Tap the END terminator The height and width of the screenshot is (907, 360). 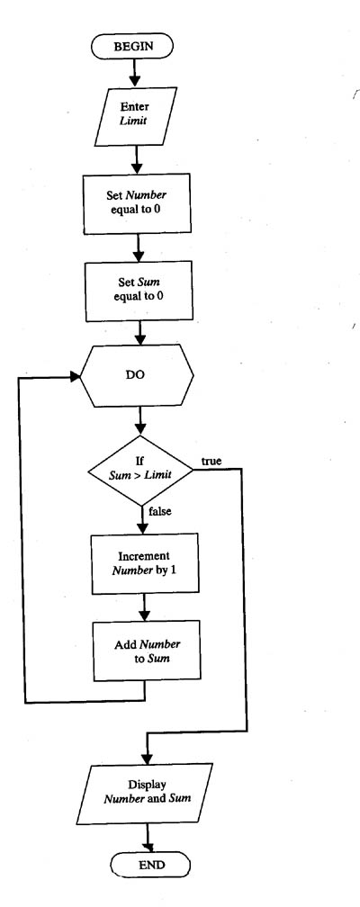(x=150, y=865)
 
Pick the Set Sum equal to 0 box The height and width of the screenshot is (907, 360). (x=139, y=291)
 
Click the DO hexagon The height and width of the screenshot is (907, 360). (x=137, y=375)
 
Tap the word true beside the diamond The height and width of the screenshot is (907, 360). (x=211, y=461)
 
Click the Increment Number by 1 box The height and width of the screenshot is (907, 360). (x=144, y=563)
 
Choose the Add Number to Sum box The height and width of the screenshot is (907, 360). (x=148, y=651)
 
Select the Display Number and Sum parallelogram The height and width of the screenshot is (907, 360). (x=148, y=793)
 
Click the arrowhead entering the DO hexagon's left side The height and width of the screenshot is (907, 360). (x=74, y=376)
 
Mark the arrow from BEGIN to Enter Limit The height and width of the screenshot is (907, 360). (x=135, y=72)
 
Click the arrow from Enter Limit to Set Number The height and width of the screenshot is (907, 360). (x=137, y=159)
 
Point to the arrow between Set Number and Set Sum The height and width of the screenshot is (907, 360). (x=138, y=247)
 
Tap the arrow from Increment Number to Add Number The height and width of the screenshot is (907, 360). (x=145, y=607)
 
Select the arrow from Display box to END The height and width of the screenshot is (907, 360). (x=148, y=838)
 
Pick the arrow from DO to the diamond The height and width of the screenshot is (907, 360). (x=139, y=421)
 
